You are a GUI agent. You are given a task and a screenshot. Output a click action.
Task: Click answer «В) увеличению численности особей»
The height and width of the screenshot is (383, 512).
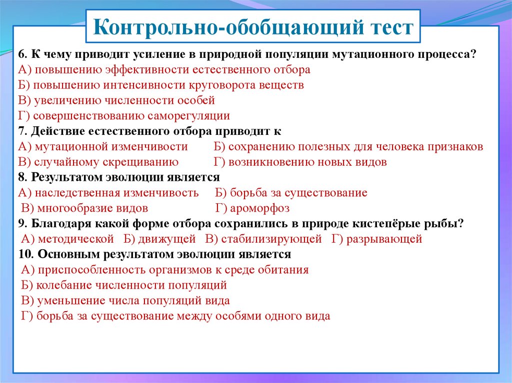tap(116, 100)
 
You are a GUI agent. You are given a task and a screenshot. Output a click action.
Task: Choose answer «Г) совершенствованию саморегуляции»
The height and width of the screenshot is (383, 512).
tap(124, 116)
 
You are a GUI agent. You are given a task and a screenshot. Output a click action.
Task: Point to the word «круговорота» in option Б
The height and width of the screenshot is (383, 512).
tap(222, 85)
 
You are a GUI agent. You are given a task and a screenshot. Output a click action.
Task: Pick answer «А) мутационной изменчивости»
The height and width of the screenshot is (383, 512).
tap(103, 146)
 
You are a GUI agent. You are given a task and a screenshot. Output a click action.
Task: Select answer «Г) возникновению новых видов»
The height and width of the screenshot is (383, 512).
tap(300, 162)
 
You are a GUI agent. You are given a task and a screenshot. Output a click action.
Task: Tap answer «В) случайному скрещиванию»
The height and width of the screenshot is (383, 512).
tap(98, 162)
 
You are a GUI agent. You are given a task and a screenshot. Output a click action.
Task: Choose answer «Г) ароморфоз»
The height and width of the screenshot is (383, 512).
tap(252, 208)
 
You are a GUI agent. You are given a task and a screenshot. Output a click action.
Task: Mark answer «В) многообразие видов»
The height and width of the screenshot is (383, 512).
tap(84, 208)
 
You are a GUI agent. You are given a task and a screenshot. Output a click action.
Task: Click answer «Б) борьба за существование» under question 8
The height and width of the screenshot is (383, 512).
tap(291, 193)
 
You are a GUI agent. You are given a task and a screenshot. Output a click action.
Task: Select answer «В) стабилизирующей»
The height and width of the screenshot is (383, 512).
tap(264, 239)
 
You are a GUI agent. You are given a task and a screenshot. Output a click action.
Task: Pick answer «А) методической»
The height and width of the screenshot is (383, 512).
tap(67, 239)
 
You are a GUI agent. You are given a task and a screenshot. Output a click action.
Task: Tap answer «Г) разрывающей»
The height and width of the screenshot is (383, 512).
tap(377, 239)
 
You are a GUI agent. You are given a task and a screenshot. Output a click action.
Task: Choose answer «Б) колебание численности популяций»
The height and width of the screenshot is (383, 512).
tap(124, 285)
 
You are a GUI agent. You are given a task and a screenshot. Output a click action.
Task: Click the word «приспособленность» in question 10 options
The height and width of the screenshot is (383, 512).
tap(92, 270)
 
